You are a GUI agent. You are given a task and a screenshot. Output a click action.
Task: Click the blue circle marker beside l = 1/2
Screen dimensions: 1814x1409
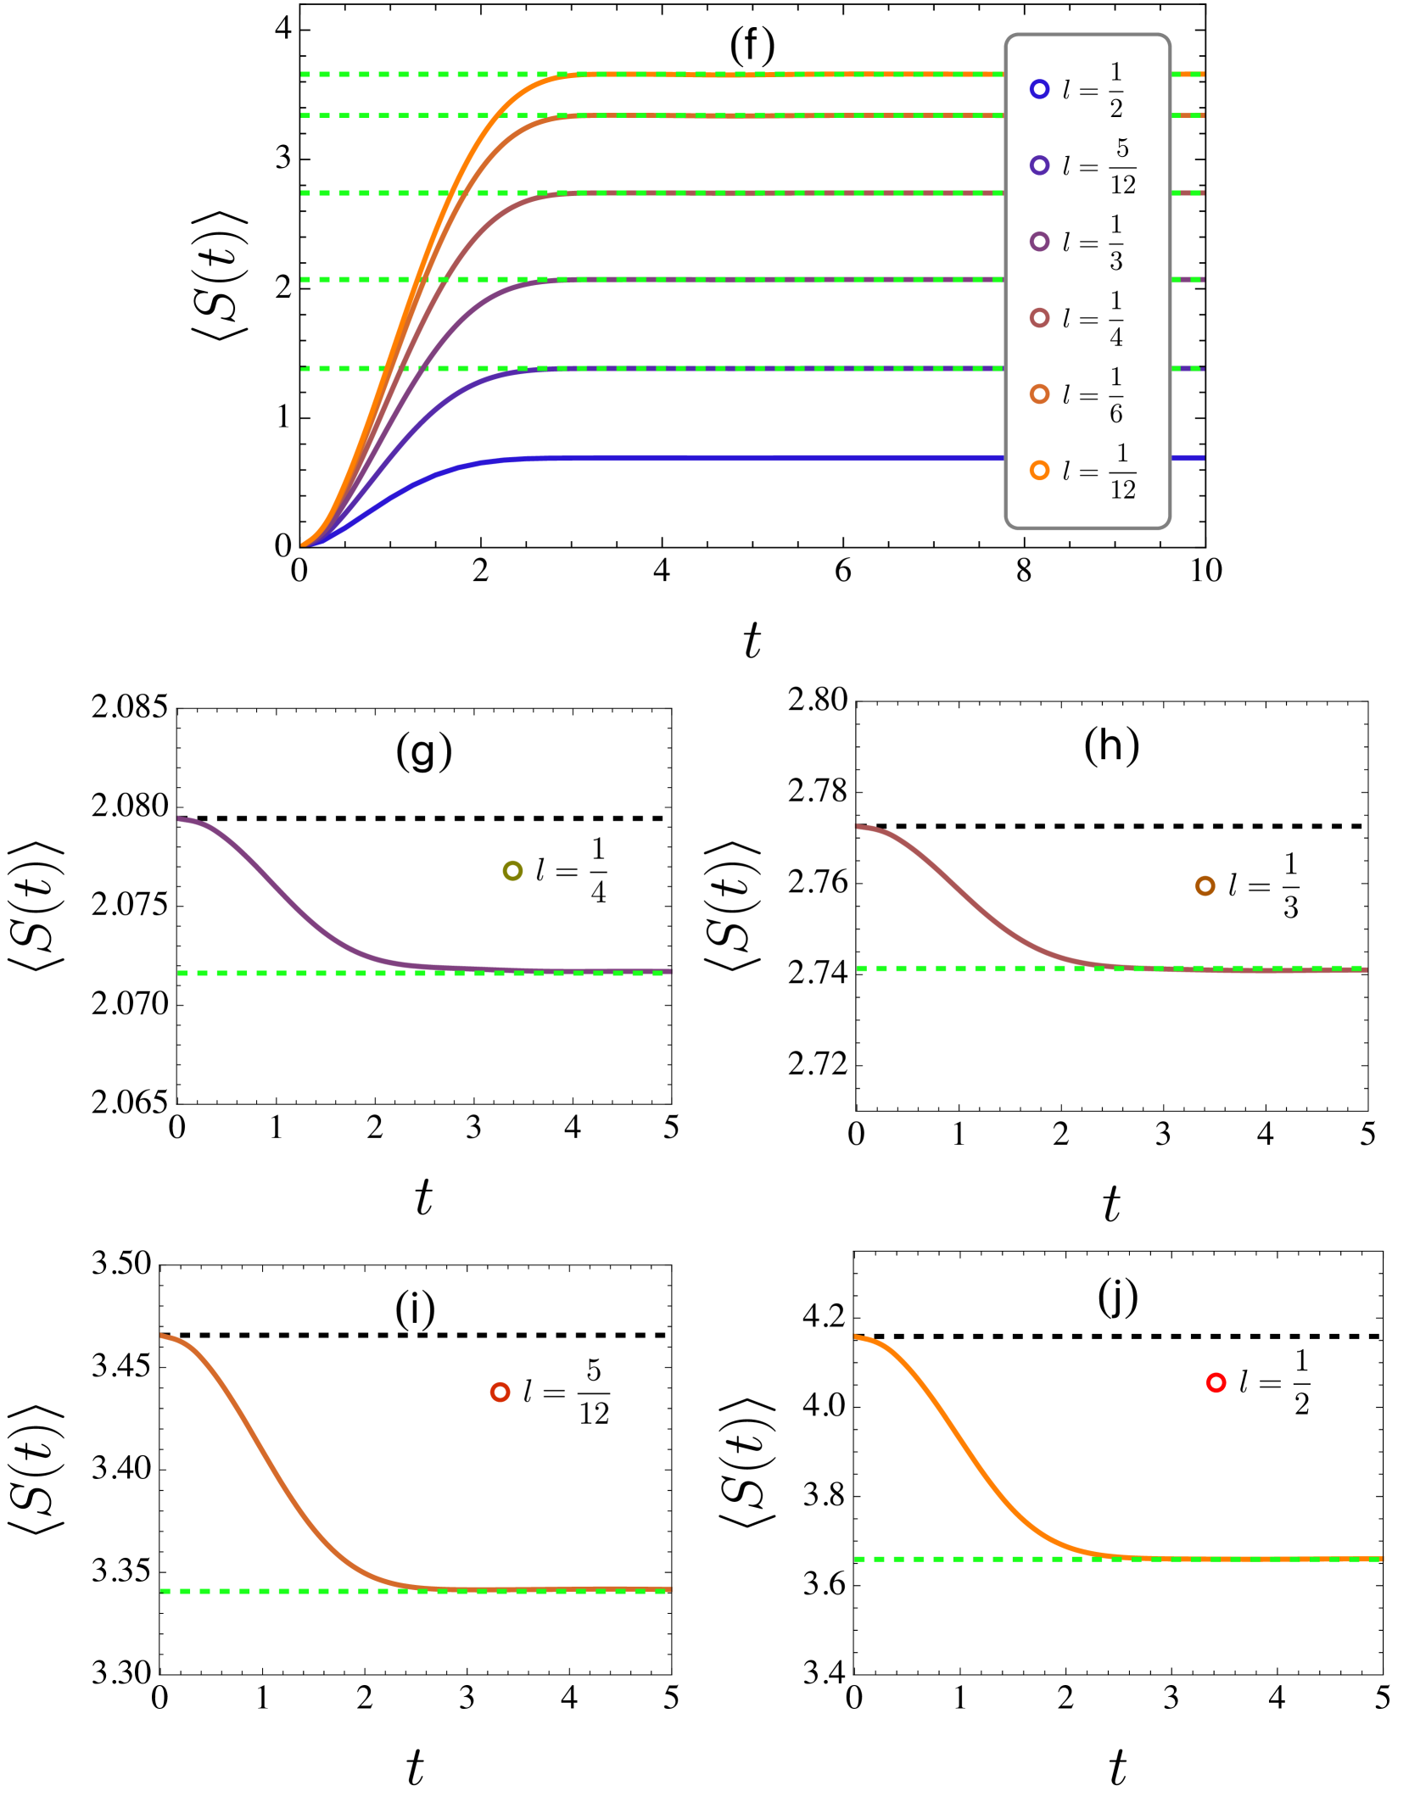coord(1039,89)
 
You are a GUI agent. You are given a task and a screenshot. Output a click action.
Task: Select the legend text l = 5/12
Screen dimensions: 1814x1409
coord(1099,166)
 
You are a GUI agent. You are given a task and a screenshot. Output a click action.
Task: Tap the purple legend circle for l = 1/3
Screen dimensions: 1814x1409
coord(1039,242)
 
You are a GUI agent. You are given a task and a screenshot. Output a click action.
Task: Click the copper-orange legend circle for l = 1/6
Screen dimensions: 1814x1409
coord(1039,394)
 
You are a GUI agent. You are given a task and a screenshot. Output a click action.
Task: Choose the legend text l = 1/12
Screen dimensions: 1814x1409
coord(1099,472)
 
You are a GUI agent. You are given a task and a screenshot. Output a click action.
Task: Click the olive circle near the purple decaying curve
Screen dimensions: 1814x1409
coord(512,871)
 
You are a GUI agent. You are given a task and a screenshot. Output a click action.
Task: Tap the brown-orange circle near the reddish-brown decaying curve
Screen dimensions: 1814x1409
coord(1205,886)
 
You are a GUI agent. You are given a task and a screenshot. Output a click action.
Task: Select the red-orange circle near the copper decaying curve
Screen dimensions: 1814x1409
coord(500,1393)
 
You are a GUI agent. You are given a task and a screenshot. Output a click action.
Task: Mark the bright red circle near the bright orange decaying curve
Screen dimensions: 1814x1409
coord(1216,1383)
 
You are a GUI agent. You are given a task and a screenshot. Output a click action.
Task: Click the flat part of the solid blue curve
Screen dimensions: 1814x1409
coord(763,458)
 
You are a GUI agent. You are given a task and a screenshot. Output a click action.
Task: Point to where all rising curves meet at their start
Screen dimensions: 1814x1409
coord(305,544)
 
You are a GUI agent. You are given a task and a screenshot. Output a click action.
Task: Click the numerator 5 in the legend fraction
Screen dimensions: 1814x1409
coord(1122,148)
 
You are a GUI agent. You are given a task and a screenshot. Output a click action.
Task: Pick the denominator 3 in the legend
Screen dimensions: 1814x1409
coord(1116,261)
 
